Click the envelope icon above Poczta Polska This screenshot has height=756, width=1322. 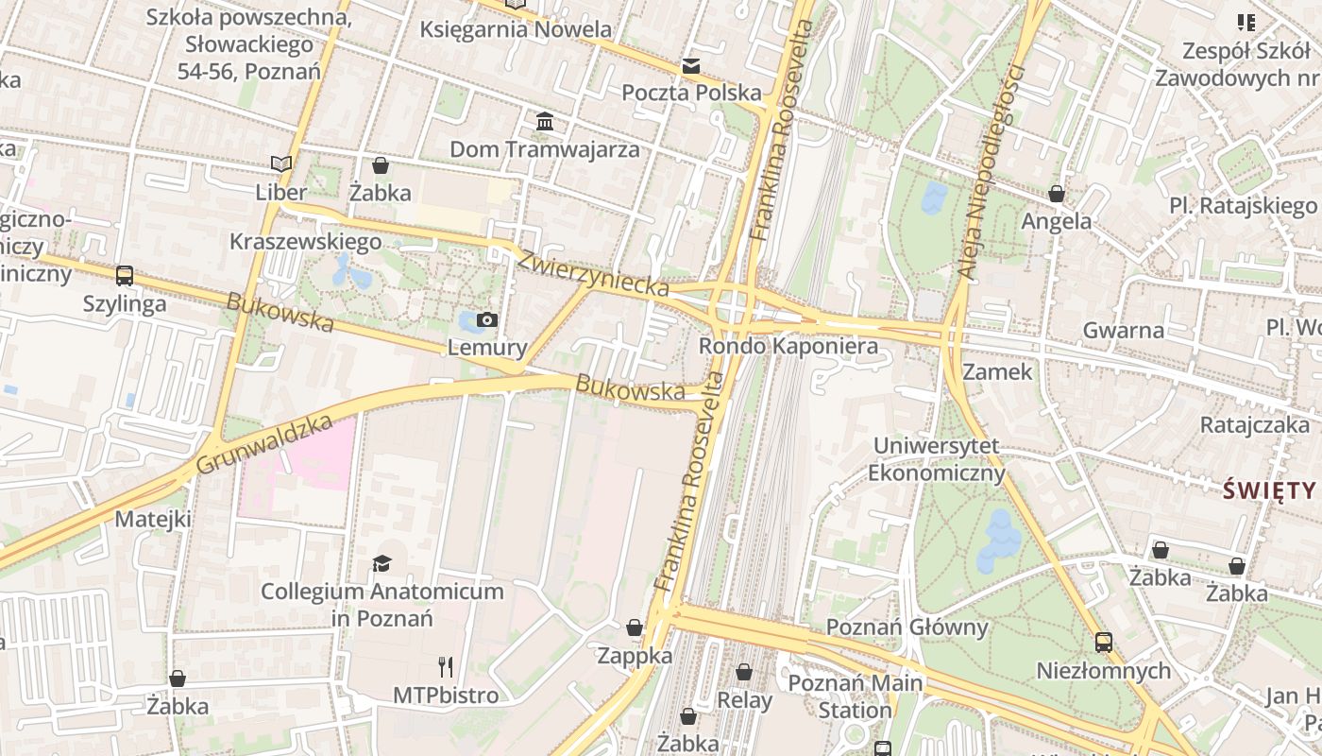point(691,66)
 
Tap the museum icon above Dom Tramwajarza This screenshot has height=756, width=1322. point(545,122)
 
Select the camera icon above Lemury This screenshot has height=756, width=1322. point(487,319)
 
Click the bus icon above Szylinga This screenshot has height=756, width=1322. point(125,276)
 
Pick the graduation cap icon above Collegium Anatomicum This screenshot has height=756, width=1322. point(381,564)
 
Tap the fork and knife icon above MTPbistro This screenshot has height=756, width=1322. point(446,667)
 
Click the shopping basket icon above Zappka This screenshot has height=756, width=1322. point(635,627)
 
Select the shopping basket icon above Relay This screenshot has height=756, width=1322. point(744,672)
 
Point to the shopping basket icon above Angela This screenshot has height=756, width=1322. point(1057,194)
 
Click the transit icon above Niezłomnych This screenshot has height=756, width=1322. point(1103,643)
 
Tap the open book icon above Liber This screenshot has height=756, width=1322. point(280,164)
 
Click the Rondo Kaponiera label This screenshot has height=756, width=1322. point(788,347)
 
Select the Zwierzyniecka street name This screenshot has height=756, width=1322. point(594,273)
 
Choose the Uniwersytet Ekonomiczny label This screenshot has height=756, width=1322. point(936,458)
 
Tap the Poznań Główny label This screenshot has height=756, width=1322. point(907,627)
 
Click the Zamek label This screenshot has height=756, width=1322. point(998,371)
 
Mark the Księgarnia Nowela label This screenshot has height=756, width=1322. point(516,29)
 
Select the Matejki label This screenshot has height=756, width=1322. point(153,519)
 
